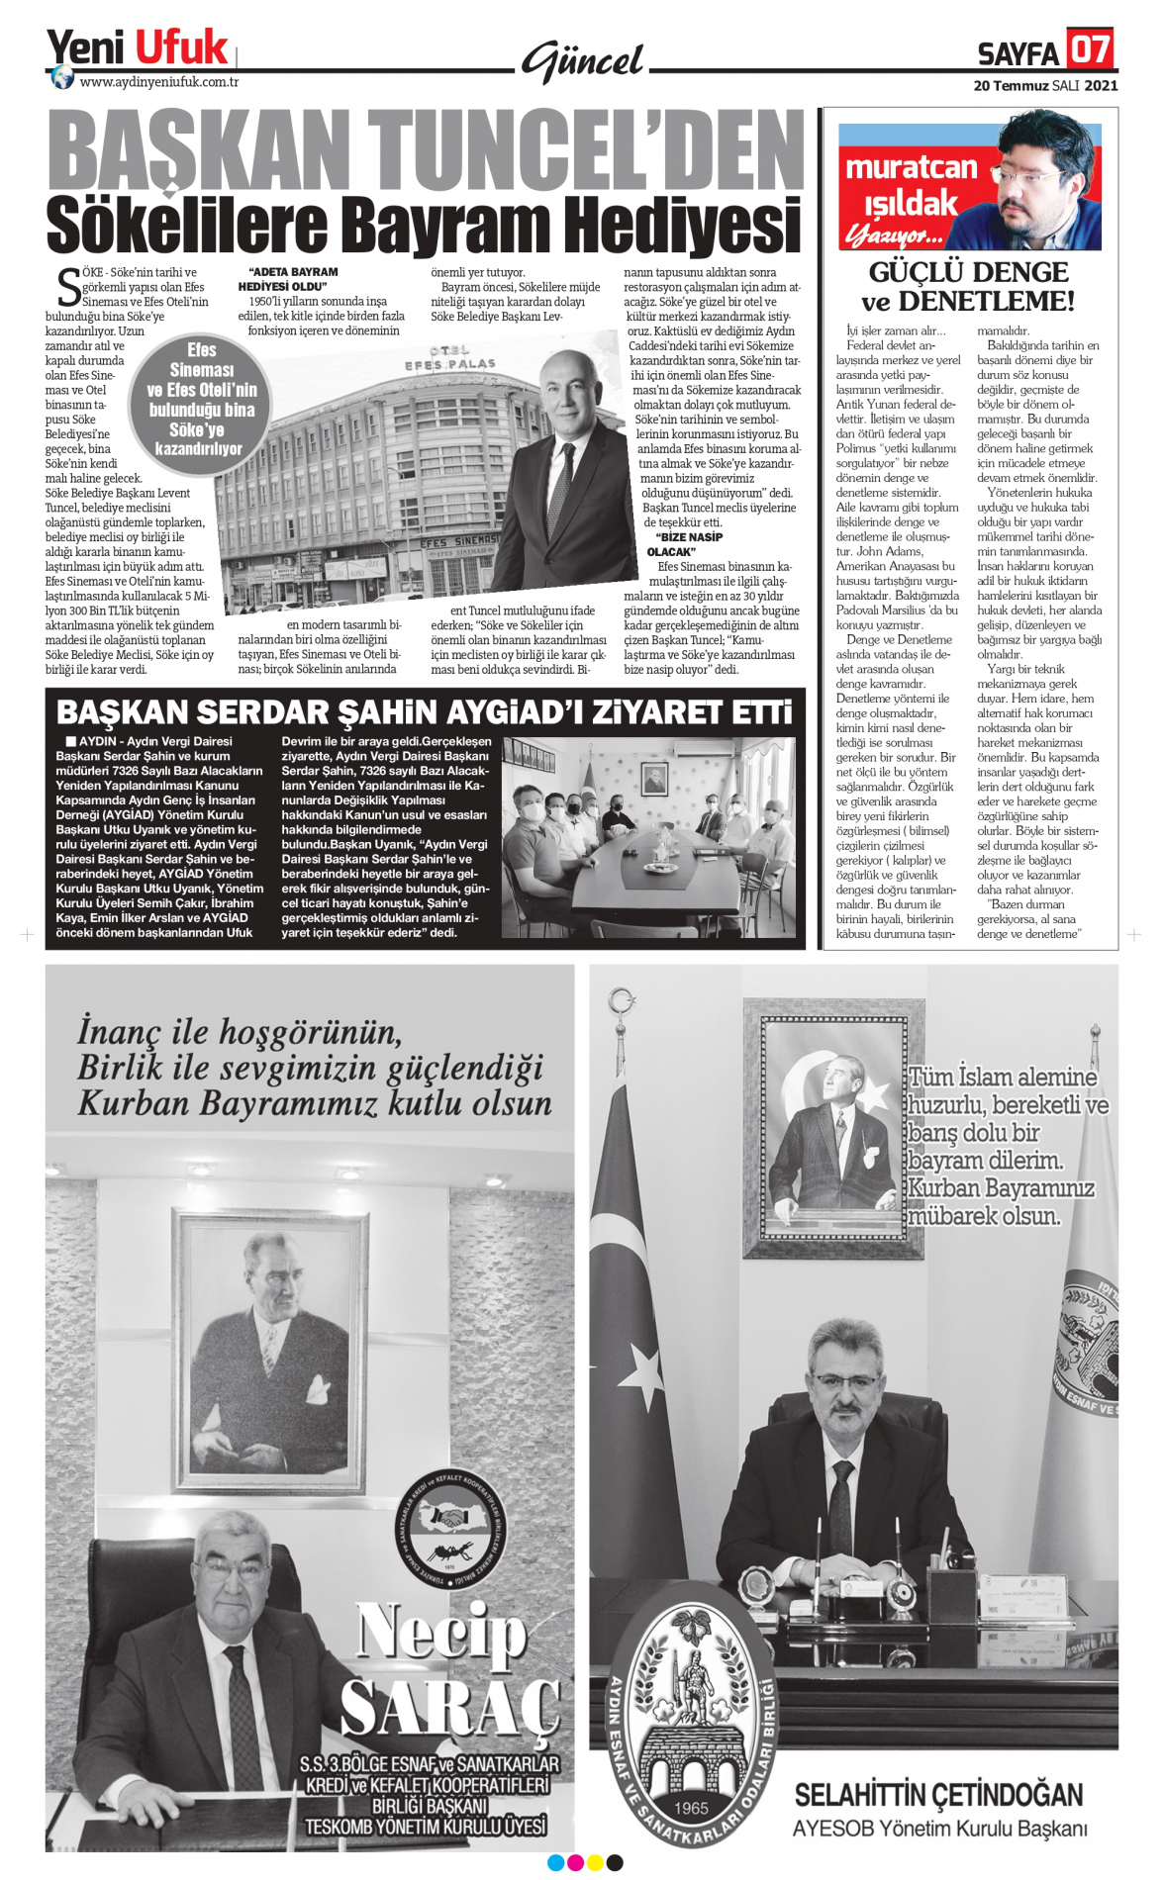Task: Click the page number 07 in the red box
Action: pyautogui.click(x=1089, y=47)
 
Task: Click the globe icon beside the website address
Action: pyautogui.click(x=62, y=77)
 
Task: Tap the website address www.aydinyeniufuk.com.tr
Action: pyautogui.click(x=158, y=82)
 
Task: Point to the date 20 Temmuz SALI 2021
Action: pyautogui.click(x=1045, y=86)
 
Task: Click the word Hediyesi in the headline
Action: pyautogui.click(x=675, y=226)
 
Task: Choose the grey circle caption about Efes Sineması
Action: pyautogui.click(x=201, y=400)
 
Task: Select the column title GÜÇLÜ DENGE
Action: pyautogui.click(x=969, y=272)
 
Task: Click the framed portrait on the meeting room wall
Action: pyautogui.click(x=654, y=779)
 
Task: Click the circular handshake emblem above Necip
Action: pyautogui.click(x=456, y=1529)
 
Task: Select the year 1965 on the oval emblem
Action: pyautogui.click(x=691, y=1808)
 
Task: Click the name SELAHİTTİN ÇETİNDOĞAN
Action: pyautogui.click(x=938, y=1794)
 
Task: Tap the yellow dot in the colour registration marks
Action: pyautogui.click(x=595, y=1863)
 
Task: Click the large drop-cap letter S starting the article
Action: pyautogui.click(x=68, y=288)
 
